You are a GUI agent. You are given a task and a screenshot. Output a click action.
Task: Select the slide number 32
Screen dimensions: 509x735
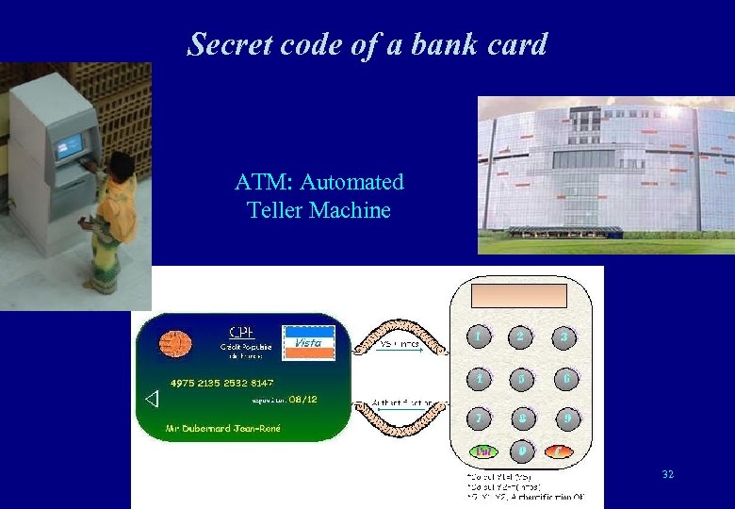pos(667,474)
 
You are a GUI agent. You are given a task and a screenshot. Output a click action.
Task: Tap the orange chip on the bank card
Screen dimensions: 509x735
pos(173,344)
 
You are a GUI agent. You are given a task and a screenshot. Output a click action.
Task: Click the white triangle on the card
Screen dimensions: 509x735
pos(153,400)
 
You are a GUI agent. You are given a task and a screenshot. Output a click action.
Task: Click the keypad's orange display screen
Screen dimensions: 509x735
pos(520,296)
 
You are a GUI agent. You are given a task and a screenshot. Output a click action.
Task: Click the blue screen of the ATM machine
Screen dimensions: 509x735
pos(69,146)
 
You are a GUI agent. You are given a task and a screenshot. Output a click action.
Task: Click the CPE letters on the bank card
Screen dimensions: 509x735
pos(242,332)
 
